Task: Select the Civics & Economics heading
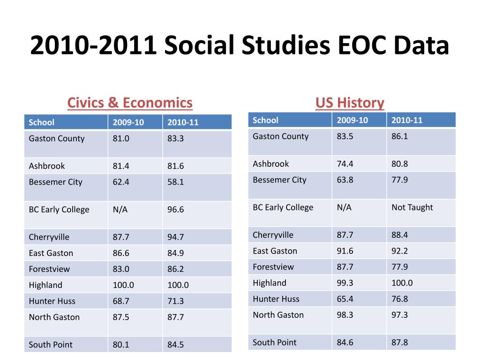130,103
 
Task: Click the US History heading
350,103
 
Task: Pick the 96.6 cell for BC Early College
175,210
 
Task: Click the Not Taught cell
412,207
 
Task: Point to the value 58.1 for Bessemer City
175,182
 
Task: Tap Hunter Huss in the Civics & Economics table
52,301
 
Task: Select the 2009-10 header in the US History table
352,120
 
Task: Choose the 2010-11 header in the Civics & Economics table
183,122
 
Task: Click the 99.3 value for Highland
345,283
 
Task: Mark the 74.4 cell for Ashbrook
345,164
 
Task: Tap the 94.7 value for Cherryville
175,237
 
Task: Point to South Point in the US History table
274,342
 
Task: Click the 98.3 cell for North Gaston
345,315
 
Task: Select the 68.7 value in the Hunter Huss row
120,301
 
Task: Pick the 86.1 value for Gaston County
399,136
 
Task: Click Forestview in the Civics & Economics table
49,269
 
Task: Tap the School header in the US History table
265,120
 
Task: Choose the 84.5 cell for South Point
175,345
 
